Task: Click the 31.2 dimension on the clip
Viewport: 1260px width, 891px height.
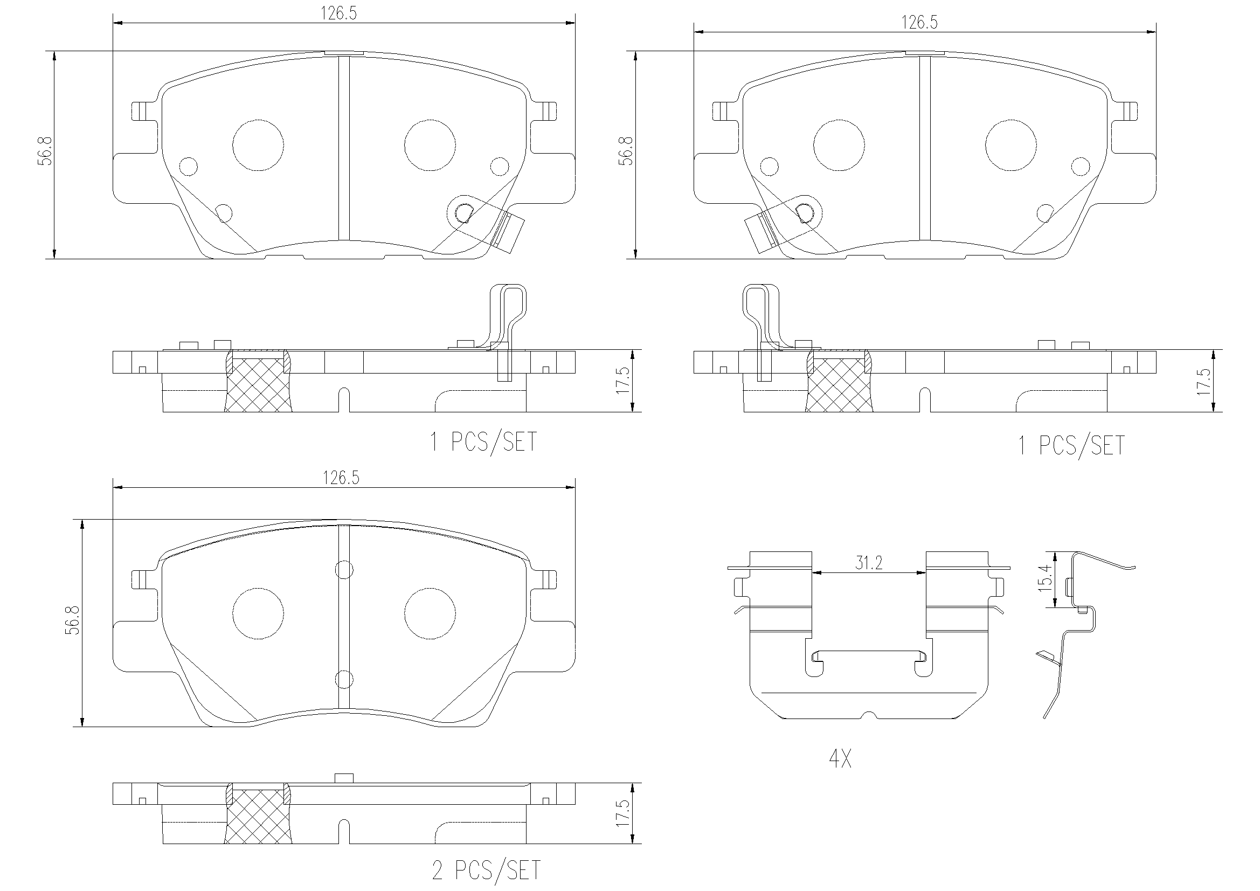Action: pos(869,563)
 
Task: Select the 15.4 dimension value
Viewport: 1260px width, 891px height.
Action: pos(1045,577)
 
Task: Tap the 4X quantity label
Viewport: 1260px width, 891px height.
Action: pos(840,759)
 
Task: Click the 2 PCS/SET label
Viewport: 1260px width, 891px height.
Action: pos(486,871)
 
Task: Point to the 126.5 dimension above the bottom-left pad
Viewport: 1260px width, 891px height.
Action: pos(340,478)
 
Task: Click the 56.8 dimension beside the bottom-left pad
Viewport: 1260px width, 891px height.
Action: pos(72,621)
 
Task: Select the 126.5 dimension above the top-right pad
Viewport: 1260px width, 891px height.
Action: pos(919,23)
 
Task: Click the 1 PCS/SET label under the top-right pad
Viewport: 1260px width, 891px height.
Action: pos(1071,445)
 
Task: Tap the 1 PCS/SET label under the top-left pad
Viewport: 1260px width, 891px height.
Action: pos(483,441)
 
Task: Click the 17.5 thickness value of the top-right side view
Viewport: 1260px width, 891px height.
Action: pos(1203,381)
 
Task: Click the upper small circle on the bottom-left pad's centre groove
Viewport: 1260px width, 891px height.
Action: pos(343,570)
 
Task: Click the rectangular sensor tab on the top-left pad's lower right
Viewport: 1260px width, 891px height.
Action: pos(509,233)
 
